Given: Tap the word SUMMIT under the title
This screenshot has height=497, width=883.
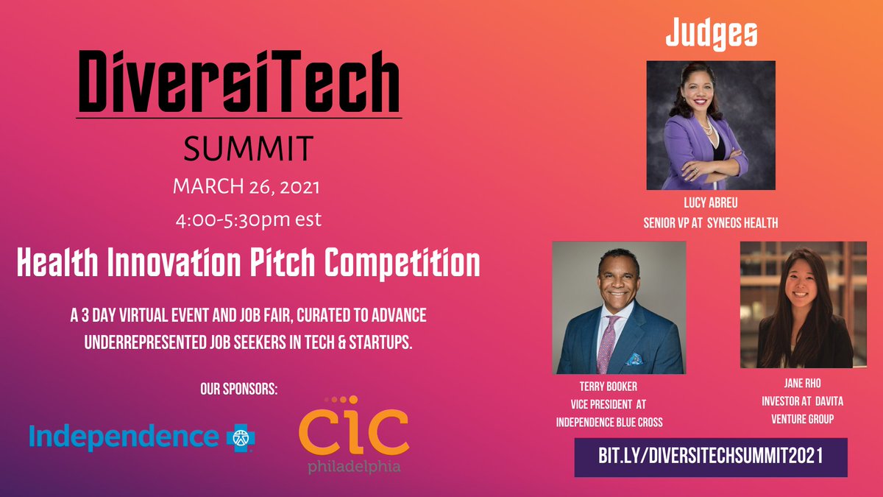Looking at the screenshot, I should click(238, 149).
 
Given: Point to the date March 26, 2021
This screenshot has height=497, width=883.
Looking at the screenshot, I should click(246, 187).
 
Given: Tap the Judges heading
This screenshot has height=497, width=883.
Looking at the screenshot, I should click(711, 34).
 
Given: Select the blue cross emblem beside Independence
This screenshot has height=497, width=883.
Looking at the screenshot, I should click(240, 436).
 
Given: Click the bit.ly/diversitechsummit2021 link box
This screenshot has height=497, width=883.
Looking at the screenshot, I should click(710, 457).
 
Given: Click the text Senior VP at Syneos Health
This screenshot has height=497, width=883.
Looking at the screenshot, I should click(710, 222).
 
